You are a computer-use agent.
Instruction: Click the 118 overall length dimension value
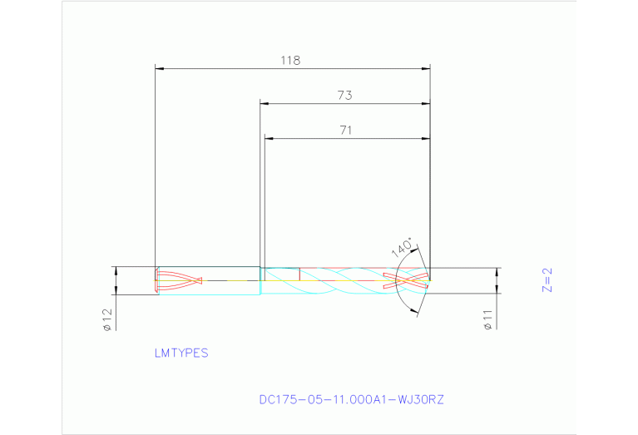pos(289,61)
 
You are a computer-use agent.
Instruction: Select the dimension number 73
pos(344,96)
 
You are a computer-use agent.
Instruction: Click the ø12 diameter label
pos(107,319)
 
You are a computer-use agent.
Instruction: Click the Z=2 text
pos(547,280)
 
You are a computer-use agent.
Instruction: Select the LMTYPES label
pos(181,353)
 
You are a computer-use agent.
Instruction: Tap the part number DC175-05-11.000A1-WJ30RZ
pos(352,399)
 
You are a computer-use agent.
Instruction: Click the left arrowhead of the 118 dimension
pos(160,68)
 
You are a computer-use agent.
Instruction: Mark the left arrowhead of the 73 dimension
pos(265,104)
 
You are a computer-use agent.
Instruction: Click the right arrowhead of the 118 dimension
pos(426,68)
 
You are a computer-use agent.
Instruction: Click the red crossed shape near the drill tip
pos(407,280)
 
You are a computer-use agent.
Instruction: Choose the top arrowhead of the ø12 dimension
pos(116,271)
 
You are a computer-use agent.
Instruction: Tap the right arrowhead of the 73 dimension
pos(426,104)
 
